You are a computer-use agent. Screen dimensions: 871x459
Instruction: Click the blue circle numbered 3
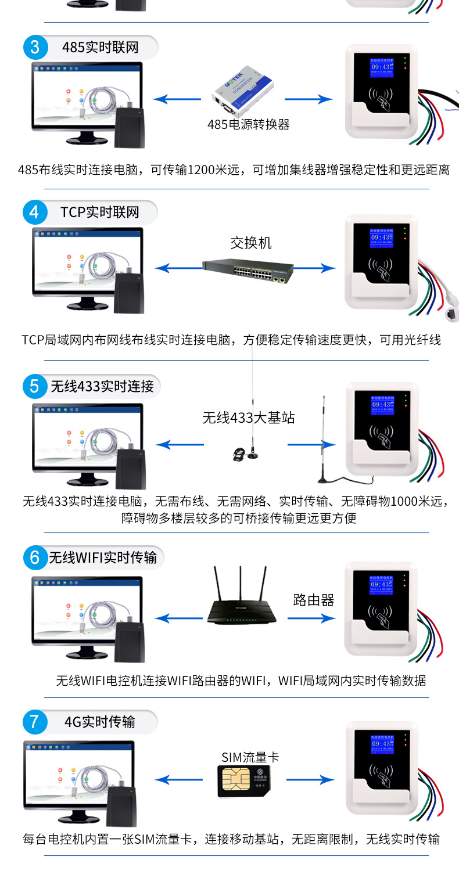(35, 47)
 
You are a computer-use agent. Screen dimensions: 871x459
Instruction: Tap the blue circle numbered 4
(35, 212)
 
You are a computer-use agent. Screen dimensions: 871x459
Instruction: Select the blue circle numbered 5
(35, 386)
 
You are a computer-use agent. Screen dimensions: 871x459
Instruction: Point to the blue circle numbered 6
(35, 558)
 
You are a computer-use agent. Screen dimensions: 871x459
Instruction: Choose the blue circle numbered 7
(35, 722)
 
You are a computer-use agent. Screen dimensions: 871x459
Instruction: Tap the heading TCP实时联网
(100, 212)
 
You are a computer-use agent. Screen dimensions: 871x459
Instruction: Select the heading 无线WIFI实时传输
(103, 558)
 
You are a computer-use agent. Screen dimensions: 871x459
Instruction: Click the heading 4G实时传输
(99, 722)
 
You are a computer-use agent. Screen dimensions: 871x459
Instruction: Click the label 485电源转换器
(249, 124)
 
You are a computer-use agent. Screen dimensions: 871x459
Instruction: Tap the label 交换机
(251, 243)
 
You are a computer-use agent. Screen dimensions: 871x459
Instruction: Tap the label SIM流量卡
(250, 757)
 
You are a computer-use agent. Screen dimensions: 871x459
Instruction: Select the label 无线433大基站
(249, 417)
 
